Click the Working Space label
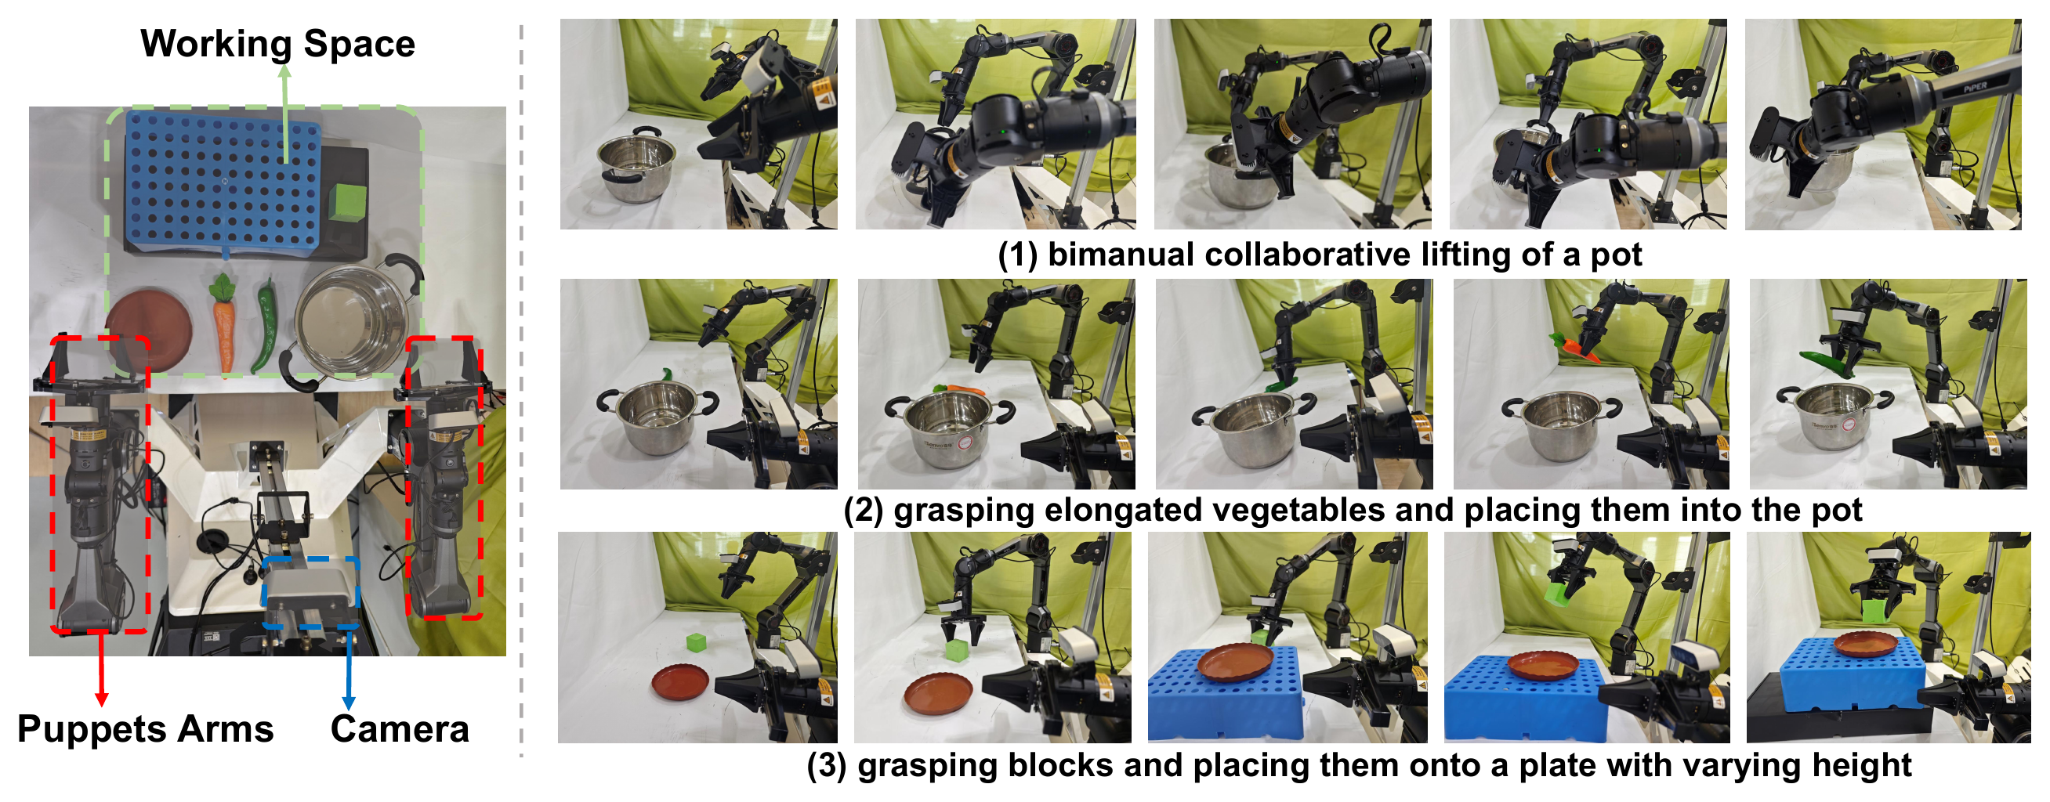[x=277, y=44]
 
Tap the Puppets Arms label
[x=146, y=729]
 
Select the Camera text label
[x=400, y=729]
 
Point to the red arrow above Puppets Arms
[x=101, y=668]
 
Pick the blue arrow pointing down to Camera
[x=348, y=668]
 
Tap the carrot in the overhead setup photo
[x=224, y=322]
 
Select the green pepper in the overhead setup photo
[x=264, y=327]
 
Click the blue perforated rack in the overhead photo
[x=223, y=180]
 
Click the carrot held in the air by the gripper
[x=1574, y=349]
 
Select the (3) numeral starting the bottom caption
[x=827, y=765]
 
